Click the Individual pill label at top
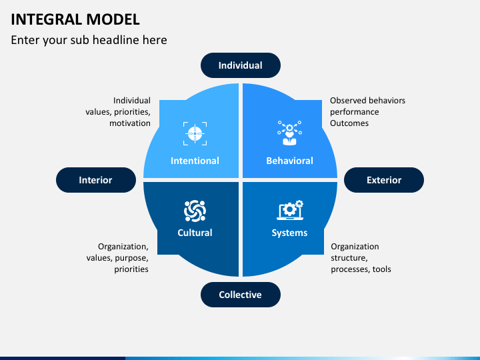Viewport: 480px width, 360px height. point(240,65)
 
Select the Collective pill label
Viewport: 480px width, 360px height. point(240,295)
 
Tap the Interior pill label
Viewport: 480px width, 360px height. point(95,180)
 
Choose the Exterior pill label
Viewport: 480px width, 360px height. point(384,180)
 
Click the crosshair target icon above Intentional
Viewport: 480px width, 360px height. point(195,133)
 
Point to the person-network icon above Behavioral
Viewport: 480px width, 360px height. point(289,133)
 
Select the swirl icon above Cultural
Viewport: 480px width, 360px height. point(195,211)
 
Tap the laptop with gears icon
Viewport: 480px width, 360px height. point(289,211)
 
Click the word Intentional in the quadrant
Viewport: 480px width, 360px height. point(195,161)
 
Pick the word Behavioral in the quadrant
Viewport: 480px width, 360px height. point(289,161)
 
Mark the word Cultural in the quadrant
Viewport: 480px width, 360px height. point(195,233)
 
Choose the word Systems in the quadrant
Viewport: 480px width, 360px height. point(289,233)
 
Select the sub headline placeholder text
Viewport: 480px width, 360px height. point(89,40)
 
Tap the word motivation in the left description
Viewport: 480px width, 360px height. point(130,123)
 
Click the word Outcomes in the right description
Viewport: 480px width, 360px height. point(349,123)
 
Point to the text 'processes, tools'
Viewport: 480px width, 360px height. point(361,269)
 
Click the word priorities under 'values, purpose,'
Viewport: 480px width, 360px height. point(131,269)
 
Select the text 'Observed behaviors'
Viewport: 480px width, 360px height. point(367,101)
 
